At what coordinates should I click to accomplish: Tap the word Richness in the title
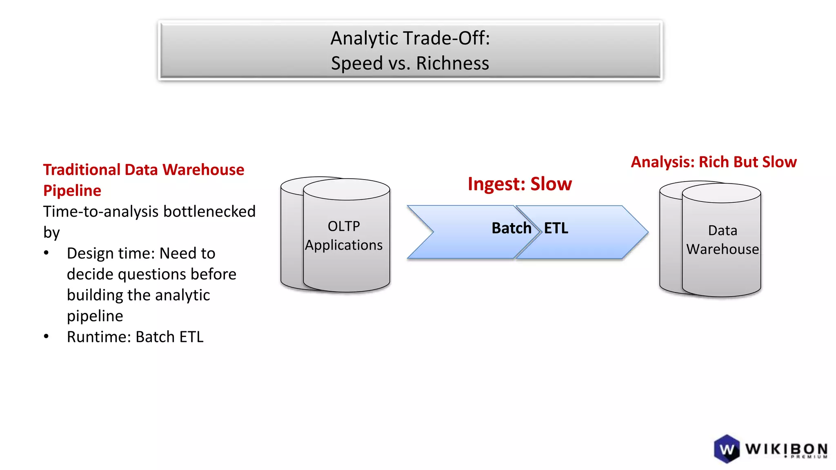pos(452,63)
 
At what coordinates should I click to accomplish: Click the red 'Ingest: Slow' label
pos(520,184)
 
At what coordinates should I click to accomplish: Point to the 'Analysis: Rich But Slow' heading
pos(714,162)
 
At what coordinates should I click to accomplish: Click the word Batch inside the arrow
pos(511,228)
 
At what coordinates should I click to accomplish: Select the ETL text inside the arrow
pos(556,228)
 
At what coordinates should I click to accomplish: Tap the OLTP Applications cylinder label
pos(344,236)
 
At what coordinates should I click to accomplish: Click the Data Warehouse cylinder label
pos(723,240)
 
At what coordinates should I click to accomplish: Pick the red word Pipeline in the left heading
pos(72,191)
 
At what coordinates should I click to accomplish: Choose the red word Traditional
pos(81,170)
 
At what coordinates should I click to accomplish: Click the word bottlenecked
pos(209,211)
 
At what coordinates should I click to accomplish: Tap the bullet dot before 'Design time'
pos(47,253)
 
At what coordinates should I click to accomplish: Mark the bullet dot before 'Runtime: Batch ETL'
pos(47,337)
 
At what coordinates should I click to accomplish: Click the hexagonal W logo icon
pos(727,449)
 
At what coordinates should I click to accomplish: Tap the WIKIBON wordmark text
pos(786,449)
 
